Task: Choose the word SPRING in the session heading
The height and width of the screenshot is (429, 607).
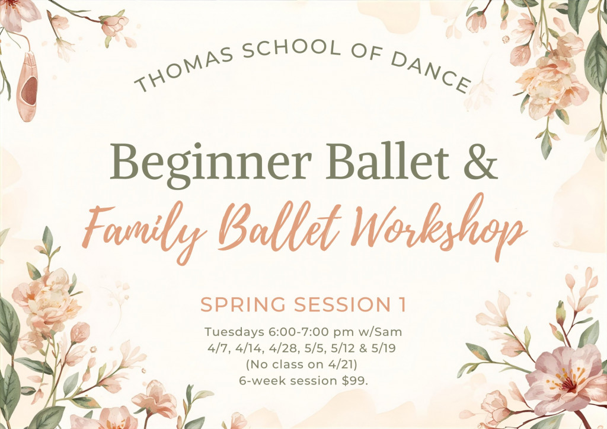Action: pyautogui.click(x=243, y=304)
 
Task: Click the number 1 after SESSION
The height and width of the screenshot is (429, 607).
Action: pyautogui.click(x=402, y=304)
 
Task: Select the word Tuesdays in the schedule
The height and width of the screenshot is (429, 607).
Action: pyautogui.click(x=235, y=332)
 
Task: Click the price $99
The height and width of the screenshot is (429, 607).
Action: pyautogui.click(x=355, y=380)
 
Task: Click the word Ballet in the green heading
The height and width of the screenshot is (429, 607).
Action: pyautogui.click(x=388, y=161)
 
